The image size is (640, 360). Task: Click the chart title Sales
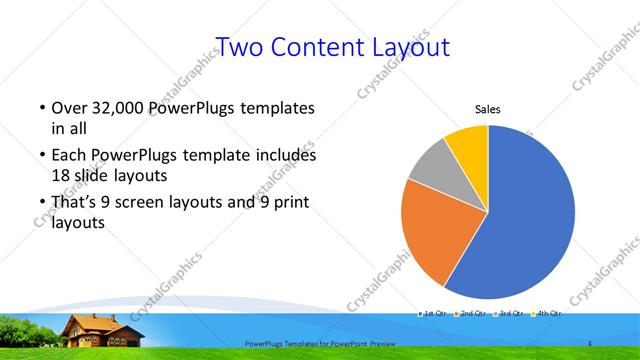coord(487,110)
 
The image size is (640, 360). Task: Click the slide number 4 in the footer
coord(590,343)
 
